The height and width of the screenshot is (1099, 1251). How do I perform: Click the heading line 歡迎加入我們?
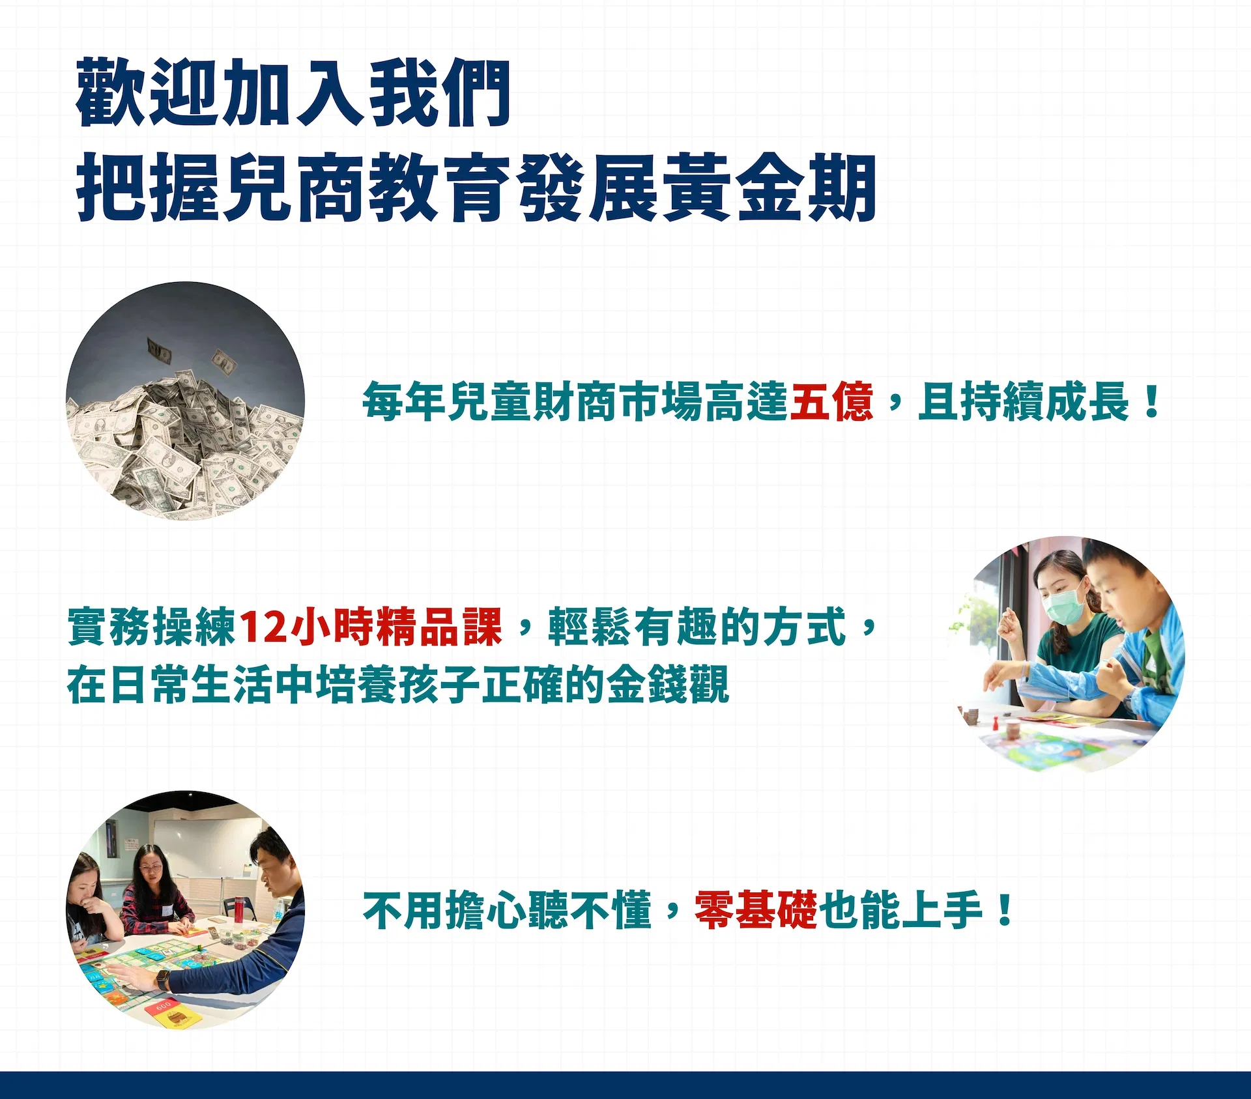pyautogui.click(x=293, y=92)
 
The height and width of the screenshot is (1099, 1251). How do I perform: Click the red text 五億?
pyautogui.click(x=831, y=401)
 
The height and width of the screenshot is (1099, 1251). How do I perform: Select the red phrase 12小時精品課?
pyautogui.click(x=371, y=627)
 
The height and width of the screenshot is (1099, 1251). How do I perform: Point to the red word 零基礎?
pyautogui.click(x=755, y=910)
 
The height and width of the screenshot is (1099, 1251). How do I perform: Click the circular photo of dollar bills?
pyautogui.click(x=186, y=401)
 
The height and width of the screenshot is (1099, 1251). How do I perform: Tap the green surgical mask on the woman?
pyautogui.click(x=1064, y=604)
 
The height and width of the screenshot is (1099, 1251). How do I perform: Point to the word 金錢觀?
pyautogui.click(x=668, y=685)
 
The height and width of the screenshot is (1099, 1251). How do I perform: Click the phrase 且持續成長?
pyautogui.click(x=1024, y=401)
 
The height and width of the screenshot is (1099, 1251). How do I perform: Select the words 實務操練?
pyautogui.click(x=151, y=627)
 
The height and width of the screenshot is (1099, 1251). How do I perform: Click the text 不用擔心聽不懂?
pyautogui.click(x=507, y=910)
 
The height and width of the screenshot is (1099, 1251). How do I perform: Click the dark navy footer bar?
pyautogui.click(x=625, y=1085)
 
